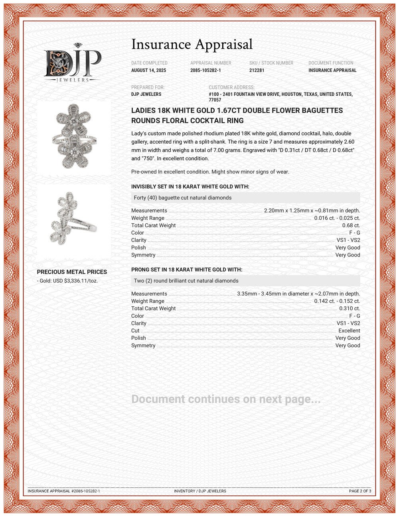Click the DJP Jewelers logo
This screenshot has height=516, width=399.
click(x=72, y=63)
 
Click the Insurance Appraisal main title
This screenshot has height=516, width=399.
click(x=192, y=44)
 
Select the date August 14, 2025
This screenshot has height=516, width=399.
click(x=148, y=71)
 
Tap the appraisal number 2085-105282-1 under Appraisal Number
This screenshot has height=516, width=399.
click(x=205, y=71)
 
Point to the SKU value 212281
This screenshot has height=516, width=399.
click(x=257, y=71)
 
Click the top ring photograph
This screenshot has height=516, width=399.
click(x=75, y=136)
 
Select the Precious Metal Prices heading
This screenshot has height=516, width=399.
click(x=72, y=272)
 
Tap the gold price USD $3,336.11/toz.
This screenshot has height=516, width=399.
click(x=67, y=281)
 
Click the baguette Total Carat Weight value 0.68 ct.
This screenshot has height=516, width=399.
click(x=351, y=226)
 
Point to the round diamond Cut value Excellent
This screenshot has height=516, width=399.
click(x=349, y=331)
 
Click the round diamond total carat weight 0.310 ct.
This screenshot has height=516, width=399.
click(x=350, y=309)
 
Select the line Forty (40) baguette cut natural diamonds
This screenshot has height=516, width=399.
click(x=183, y=198)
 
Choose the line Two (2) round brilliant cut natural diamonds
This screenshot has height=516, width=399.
click(x=186, y=281)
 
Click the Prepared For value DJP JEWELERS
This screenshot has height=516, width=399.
click(x=146, y=95)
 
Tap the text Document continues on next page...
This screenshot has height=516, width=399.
click(x=226, y=399)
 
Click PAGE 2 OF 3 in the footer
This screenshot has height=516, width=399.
click(x=360, y=491)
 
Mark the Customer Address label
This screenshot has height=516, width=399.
click(x=231, y=88)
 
